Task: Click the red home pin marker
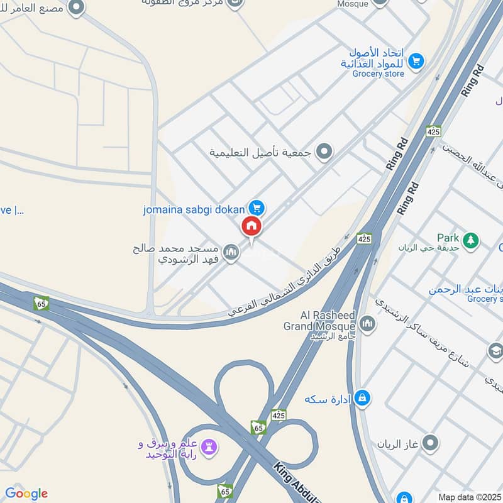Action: pos(251,226)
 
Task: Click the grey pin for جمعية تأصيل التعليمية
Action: pos(324,152)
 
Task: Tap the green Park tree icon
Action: pos(470,240)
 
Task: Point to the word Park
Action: pos(448,238)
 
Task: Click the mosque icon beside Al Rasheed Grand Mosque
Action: pos(367,324)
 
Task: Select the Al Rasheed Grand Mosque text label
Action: pos(319,321)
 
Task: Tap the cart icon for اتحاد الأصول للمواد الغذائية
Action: pos(415,61)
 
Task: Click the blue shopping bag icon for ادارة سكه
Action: pos(362,398)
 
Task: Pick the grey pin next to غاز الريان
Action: pos(430,444)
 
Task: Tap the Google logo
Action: pos(26,494)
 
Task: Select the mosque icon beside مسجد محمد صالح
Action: pos(231,253)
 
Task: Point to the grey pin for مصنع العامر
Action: pos(77,8)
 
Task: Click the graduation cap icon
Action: pos(495,350)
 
